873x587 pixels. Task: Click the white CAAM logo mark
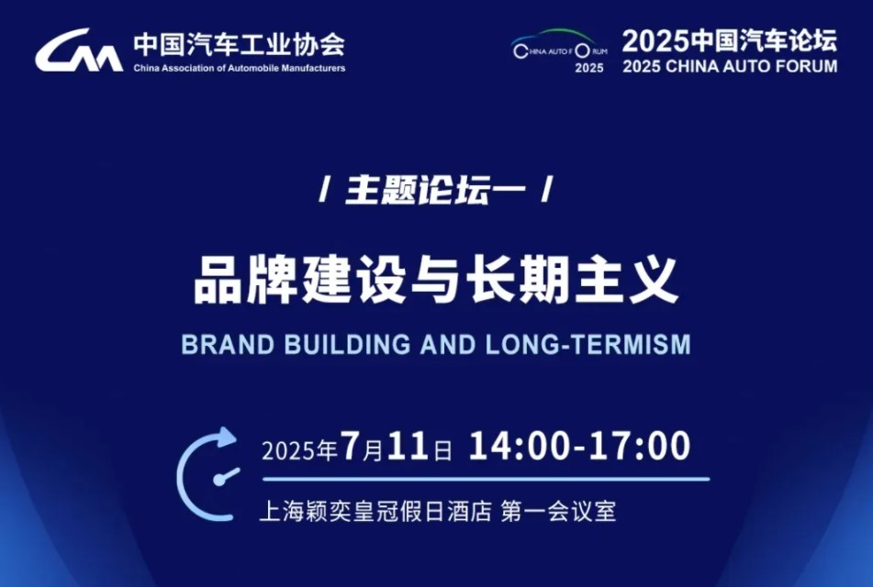[79, 50]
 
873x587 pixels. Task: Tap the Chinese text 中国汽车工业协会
[240, 44]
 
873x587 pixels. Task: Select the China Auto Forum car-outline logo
[560, 44]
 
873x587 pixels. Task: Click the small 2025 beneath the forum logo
[589, 68]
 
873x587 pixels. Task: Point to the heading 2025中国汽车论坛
[730, 40]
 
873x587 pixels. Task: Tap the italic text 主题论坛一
[435, 190]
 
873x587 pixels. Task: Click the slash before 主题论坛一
[323, 190]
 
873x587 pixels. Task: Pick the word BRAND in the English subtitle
[229, 345]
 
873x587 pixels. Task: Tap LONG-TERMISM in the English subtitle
[588, 345]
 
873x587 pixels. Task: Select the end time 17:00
[640, 447]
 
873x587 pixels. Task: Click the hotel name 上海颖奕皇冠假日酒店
[375, 511]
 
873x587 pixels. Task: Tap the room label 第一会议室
[558, 511]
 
